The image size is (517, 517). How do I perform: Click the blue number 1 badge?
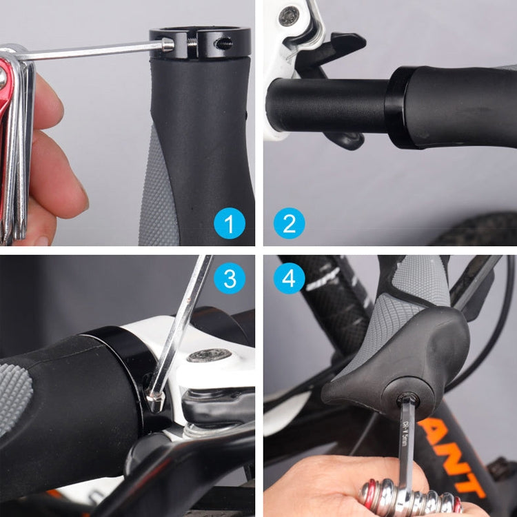pos(229,223)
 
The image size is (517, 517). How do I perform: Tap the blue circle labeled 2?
pos(289,223)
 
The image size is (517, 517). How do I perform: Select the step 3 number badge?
pos(229,278)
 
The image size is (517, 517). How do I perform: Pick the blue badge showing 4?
pos(289,278)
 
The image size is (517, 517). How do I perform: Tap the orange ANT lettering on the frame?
pos(455,455)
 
